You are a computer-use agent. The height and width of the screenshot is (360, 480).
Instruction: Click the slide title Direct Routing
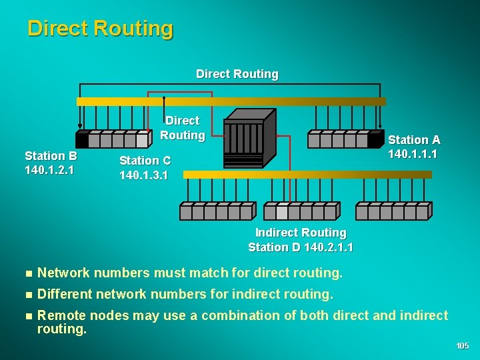[100, 29]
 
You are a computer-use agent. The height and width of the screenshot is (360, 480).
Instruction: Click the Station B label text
[51, 156]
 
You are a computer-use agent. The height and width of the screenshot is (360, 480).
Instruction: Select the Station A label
[414, 140]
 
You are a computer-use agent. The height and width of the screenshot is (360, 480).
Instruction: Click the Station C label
[145, 161]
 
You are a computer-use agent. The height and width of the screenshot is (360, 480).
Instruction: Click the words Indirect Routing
[301, 233]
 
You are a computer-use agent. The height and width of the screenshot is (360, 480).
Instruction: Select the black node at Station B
[82, 140]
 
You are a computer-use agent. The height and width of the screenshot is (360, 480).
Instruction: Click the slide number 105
[463, 345]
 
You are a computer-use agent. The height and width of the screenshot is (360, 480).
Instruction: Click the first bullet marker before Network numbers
[27, 273]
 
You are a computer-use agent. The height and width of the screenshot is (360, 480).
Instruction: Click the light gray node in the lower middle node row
[282, 212]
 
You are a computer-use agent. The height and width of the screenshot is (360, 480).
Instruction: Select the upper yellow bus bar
[231, 102]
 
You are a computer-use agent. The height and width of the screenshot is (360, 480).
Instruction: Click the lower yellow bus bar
[307, 175]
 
